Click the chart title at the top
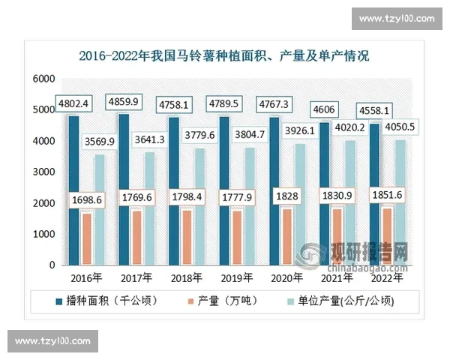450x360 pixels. pyautogui.click(x=224, y=56)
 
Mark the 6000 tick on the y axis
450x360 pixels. pyautogui.click(x=44, y=79)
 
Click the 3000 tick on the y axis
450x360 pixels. pyautogui.click(x=44, y=172)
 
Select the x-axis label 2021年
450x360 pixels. pyautogui.click(x=338, y=277)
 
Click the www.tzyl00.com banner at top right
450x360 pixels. pyautogui.click(x=397, y=19)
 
